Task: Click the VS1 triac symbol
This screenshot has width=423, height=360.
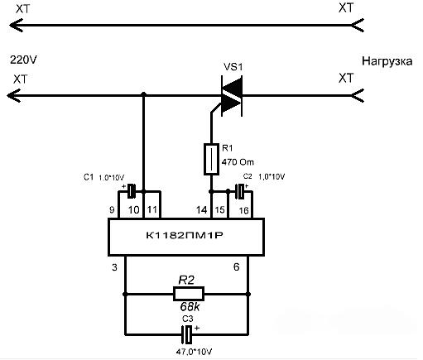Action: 232,96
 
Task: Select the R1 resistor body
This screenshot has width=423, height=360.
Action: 211,159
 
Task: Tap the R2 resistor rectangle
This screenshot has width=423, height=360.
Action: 189,294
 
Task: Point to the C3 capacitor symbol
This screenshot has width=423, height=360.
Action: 187,334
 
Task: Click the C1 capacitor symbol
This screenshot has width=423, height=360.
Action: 132,191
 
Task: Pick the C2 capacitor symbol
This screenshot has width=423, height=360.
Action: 241,191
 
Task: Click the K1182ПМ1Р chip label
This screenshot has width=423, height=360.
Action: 185,235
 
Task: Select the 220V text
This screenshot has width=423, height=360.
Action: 23,60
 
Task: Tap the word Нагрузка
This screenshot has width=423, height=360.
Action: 387,61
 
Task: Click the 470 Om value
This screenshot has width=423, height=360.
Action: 238,162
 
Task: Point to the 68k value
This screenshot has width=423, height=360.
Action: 190,306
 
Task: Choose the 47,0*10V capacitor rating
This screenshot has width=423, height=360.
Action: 194,352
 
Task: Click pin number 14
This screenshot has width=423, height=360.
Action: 202,210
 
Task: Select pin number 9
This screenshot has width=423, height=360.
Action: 112,210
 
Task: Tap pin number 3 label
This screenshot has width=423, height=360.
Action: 114,267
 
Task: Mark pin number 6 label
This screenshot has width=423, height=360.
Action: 237,266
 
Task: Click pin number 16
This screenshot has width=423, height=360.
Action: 243,210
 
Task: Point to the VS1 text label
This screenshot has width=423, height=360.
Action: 233,67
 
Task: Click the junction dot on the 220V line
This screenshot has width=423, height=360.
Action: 143,94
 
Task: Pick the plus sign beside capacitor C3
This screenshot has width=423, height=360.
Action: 197,329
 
